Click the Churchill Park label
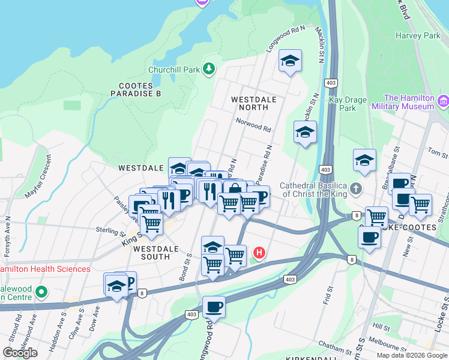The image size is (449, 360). (x=175, y=70)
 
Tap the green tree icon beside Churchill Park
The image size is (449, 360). (x=208, y=69)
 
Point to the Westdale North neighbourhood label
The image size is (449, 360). (x=253, y=103)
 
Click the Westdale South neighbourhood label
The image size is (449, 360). (x=155, y=253)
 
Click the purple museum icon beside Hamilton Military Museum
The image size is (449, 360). (x=443, y=101)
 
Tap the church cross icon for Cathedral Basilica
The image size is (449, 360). (x=356, y=189)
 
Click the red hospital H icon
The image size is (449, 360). (x=259, y=253)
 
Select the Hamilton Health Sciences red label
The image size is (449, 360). (x=45, y=269)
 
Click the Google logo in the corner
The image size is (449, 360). (x=20, y=352)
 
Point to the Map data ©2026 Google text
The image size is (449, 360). (x=411, y=355)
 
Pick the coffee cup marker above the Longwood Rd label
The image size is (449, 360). (x=214, y=307)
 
